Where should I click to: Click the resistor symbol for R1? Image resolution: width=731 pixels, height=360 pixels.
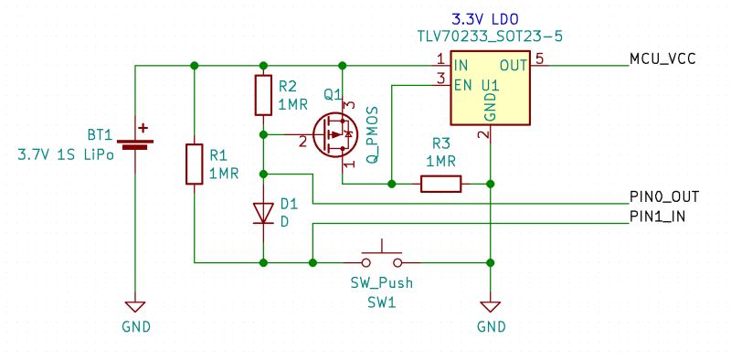(x=194, y=164)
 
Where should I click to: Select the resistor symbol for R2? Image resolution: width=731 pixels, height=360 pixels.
(x=263, y=94)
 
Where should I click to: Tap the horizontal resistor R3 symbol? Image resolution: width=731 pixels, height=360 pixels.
(x=440, y=184)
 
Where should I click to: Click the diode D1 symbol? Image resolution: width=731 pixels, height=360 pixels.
(x=263, y=212)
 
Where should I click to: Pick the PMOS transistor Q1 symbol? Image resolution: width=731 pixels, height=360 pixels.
(x=333, y=135)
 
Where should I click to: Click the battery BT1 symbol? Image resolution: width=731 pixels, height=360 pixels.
(x=135, y=142)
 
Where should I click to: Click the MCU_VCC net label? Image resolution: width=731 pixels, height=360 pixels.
(x=662, y=59)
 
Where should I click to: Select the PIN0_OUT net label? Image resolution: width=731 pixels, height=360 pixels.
(x=664, y=196)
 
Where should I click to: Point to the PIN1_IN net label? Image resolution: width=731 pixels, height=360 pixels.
(x=658, y=217)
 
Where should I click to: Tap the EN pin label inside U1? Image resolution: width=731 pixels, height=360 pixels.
(x=463, y=85)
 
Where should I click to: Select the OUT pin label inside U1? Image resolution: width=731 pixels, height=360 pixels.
(x=513, y=66)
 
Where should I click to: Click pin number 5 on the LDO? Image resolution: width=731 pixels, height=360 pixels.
(x=539, y=59)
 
